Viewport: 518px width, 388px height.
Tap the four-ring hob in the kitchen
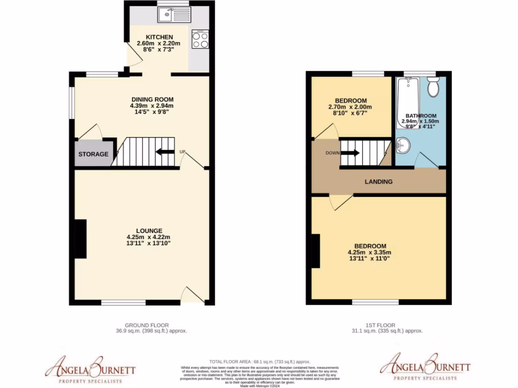[x=200, y=39]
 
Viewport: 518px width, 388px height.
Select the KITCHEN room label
[x=159, y=37]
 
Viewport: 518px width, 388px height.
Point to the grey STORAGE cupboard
[x=94, y=154]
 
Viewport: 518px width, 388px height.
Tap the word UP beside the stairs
[x=182, y=151]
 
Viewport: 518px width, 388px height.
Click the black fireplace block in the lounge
[x=80, y=239]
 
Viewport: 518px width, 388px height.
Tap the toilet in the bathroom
[x=433, y=87]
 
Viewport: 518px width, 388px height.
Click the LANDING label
[x=379, y=181]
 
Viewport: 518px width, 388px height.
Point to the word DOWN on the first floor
[x=332, y=153]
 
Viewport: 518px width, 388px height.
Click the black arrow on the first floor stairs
[x=353, y=153]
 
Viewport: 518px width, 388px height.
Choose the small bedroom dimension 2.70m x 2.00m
[x=350, y=107]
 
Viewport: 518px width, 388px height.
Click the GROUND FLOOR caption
[x=147, y=325]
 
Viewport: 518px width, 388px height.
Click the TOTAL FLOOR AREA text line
[x=260, y=362]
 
